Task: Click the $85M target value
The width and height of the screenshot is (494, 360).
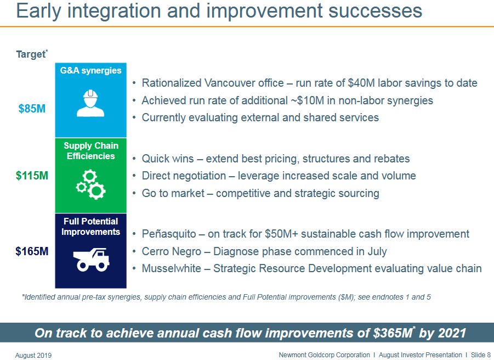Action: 32,109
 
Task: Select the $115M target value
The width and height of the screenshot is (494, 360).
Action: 32,176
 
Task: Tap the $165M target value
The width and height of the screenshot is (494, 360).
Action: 32,251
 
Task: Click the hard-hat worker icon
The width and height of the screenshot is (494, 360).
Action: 90,103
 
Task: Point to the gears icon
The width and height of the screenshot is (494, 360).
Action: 90,184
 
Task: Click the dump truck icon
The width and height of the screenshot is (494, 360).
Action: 91,259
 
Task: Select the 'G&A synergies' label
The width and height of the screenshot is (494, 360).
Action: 90,70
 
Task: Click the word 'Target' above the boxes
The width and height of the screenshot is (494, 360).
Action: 31,54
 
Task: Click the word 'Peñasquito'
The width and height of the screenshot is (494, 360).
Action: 169,234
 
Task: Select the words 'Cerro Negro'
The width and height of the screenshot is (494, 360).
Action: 172,251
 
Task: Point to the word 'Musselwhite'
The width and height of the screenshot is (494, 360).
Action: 172,268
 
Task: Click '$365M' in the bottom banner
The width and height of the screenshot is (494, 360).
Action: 393,333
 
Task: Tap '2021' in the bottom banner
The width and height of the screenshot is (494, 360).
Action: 452,333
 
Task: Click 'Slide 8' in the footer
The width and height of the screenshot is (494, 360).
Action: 480,355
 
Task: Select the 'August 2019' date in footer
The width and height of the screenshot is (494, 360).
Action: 33,356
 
